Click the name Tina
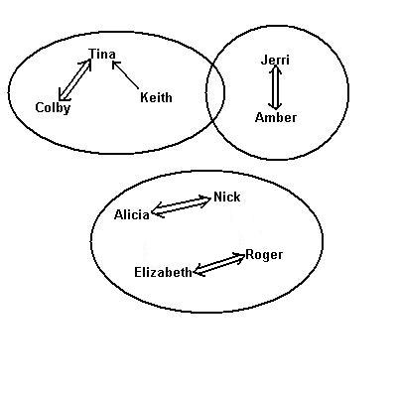pyautogui.click(x=102, y=54)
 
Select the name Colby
pyautogui.click(x=53, y=108)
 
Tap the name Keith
pyautogui.click(x=156, y=97)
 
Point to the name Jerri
pyautogui.click(x=275, y=60)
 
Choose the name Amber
pyautogui.click(x=276, y=117)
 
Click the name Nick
pyautogui.click(x=227, y=197)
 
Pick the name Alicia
pyautogui.click(x=132, y=215)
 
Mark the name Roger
pyautogui.click(x=264, y=255)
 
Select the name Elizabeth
pyautogui.click(x=163, y=273)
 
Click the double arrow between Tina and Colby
pyautogui.click(x=74, y=79)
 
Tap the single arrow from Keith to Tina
pyautogui.click(x=125, y=74)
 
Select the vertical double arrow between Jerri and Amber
pyautogui.click(x=275, y=87)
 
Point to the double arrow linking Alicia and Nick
pyautogui.click(x=181, y=206)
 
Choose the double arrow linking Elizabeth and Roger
pyautogui.click(x=219, y=264)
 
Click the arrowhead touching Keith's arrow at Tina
pyautogui.click(x=115, y=65)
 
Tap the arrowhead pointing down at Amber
pyautogui.click(x=275, y=106)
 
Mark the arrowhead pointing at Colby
pyautogui.click(x=63, y=95)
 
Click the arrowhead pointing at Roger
pyautogui.click(x=240, y=257)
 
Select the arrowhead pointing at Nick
pyautogui.click(x=205, y=199)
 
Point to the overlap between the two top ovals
pyautogui.click(x=215, y=92)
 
